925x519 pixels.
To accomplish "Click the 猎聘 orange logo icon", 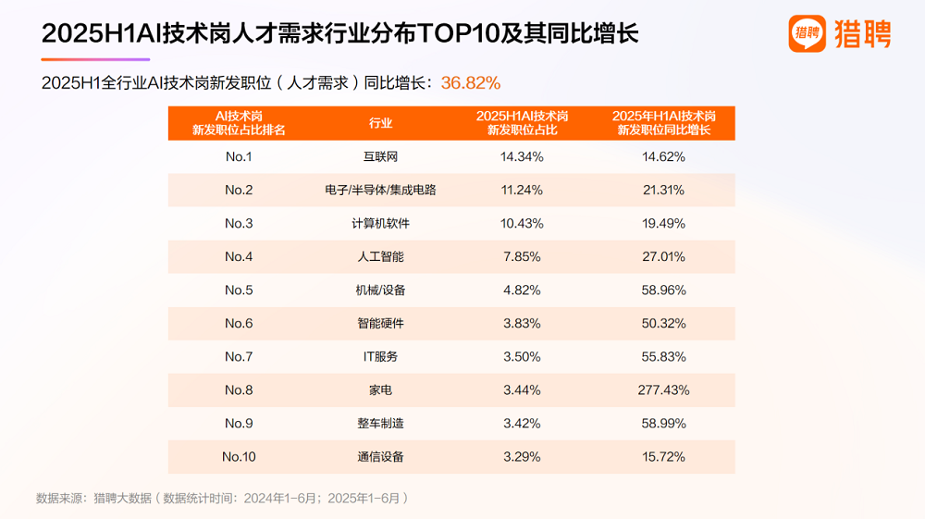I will [807, 33].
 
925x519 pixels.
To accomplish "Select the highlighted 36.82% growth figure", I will [471, 82].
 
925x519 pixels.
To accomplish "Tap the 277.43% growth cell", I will [663, 389].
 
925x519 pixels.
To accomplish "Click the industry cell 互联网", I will [380, 156].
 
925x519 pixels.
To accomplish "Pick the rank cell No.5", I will [239, 290].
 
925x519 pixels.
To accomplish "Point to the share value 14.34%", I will [522, 156].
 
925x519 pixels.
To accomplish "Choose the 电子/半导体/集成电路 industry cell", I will [380, 190].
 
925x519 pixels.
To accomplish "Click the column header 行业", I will [380, 123].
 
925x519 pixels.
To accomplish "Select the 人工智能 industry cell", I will [380, 256].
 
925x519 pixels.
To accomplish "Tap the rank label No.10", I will [239, 456].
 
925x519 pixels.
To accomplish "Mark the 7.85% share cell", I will [522, 256].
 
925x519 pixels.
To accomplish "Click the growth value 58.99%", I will [663, 423].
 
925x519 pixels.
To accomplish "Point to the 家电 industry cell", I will [380, 389].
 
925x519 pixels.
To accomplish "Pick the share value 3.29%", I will [522, 456].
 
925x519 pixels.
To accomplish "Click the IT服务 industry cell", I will [380, 356].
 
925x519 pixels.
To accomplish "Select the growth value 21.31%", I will [663, 190].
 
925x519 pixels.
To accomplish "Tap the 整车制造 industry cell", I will [380, 423].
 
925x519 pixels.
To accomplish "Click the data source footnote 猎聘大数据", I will [122, 498].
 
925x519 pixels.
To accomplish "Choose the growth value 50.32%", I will [663, 323].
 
